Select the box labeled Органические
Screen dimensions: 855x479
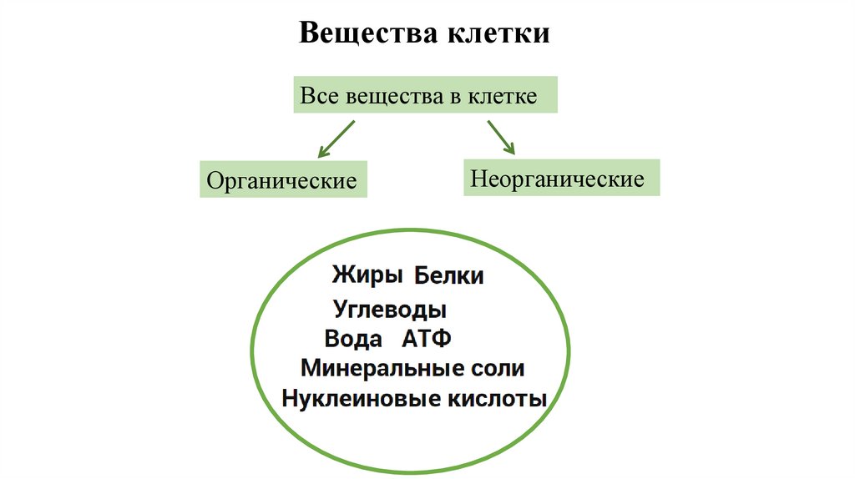[282, 179]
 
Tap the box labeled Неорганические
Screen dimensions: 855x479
[561, 178]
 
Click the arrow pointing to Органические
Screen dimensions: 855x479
[336, 139]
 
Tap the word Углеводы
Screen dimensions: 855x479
[390, 310]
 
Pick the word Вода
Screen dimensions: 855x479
[353, 340]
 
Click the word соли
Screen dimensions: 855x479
[496, 368]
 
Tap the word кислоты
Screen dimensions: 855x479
[493, 398]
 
